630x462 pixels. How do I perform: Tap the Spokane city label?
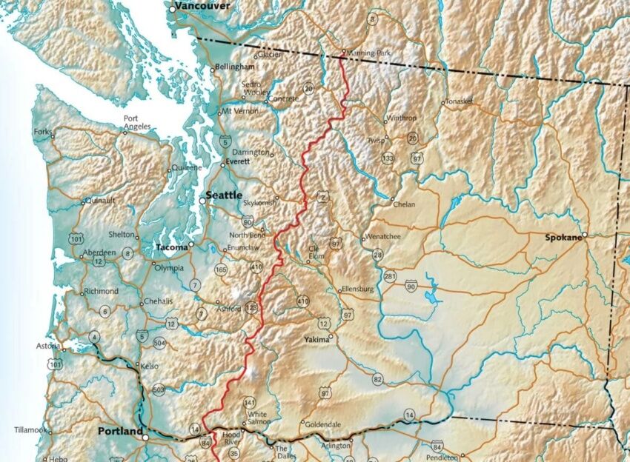click(563, 238)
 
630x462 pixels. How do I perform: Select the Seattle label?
click(224, 195)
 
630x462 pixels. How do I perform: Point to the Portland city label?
click(121, 431)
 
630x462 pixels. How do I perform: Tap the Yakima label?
click(316, 339)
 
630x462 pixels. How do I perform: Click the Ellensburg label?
click(357, 289)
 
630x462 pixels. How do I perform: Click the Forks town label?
click(42, 133)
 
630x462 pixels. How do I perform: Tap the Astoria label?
click(47, 346)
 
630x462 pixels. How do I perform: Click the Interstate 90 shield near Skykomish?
click(247, 221)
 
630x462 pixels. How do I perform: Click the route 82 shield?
click(378, 379)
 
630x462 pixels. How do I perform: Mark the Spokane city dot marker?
click(584, 235)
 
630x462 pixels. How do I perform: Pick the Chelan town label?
click(404, 204)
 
